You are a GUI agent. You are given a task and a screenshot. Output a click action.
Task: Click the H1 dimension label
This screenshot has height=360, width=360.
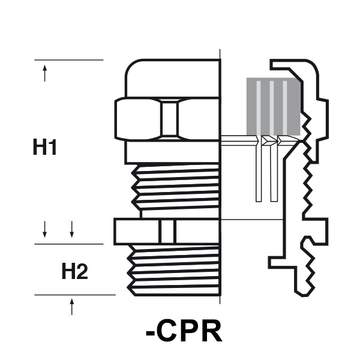click(45, 148)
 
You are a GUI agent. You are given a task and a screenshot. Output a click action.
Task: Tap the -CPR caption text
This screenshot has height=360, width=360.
click(184, 331)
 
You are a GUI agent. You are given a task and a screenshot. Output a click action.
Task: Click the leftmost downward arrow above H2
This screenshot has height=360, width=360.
click(45, 229)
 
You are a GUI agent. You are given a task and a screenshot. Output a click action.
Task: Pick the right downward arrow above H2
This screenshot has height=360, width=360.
click(72, 229)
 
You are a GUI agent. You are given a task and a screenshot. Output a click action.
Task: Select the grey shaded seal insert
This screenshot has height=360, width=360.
click(274, 106)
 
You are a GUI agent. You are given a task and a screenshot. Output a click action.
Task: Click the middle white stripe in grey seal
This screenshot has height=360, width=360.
click(272, 106)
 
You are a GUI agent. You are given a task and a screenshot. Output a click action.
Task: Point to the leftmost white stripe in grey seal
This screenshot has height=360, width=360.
click(259, 106)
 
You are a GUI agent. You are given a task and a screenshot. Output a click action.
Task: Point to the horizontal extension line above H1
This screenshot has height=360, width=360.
click(69, 60)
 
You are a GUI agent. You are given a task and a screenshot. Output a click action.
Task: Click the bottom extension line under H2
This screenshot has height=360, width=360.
click(75, 295)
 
